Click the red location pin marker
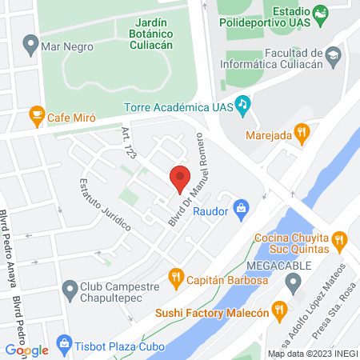coord(181,177)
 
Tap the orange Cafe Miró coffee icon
coord(36,116)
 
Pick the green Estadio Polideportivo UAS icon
coord(320,14)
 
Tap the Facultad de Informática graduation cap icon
coord(333,54)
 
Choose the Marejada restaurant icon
coord(301,133)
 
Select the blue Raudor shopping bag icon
coord(241,210)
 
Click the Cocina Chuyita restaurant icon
coord(339,239)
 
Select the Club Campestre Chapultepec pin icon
coord(70,286)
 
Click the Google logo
coord(26,350)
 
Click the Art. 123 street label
coord(129,141)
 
